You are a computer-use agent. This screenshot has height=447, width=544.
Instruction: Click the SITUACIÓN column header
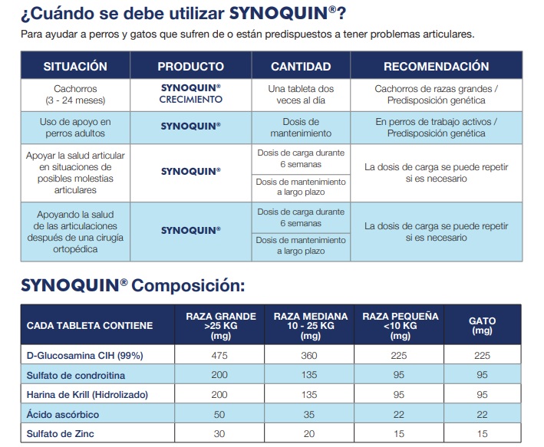(75, 67)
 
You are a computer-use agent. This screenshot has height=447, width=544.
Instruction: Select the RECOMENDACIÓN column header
(436, 67)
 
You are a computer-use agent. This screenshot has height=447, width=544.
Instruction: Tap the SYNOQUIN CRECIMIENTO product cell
(191, 94)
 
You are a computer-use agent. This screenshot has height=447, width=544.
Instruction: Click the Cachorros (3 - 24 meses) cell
(75, 94)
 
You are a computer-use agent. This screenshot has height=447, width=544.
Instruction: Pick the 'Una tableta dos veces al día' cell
(301, 94)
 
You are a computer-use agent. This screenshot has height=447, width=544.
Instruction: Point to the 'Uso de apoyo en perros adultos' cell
(75, 127)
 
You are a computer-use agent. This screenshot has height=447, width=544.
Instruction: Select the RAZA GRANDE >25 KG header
(216, 325)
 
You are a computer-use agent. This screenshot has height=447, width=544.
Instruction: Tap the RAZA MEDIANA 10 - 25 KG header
(311, 325)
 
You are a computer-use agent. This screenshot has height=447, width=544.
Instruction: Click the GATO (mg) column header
(482, 325)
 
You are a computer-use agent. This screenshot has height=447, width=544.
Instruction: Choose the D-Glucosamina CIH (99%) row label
(85, 355)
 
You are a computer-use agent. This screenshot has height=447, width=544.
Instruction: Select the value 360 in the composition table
(311, 355)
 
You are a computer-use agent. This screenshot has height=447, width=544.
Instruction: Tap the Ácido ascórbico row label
(64, 415)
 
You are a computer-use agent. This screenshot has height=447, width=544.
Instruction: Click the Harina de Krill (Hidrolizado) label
(87, 395)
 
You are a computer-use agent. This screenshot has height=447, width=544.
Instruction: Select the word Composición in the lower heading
(188, 286)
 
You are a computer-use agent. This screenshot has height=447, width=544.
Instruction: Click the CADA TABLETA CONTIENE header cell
(90, 325)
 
